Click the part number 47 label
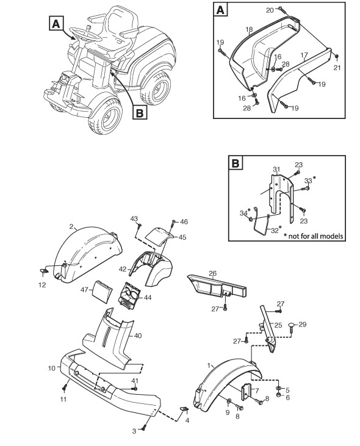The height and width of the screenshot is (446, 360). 84,290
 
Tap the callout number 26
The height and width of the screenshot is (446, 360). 212,273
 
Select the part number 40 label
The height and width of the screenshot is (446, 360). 138,336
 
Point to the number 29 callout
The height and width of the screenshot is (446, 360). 302,324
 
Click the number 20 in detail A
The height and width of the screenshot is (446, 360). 270,10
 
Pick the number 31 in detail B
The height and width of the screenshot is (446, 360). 276,170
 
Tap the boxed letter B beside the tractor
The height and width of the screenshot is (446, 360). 140,113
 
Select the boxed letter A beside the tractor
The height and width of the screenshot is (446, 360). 56,23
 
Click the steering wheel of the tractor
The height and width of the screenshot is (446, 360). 85,35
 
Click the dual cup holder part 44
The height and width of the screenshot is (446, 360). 130,297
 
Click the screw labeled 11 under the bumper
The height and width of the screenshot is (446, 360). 65,387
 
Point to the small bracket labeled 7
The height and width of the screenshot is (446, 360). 247,391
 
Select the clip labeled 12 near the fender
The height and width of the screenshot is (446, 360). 43,272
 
